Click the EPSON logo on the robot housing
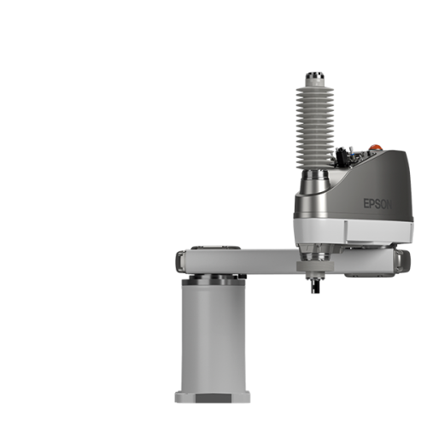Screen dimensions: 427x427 click(x=377, y=204)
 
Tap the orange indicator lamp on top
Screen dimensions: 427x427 click(x=376, y=148)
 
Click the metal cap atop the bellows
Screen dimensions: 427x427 click(x=315, y=76)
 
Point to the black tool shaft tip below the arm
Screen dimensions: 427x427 click(x=315, y=287)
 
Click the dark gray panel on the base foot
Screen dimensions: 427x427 click(x=213, y=398)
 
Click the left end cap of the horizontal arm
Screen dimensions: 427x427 click(x=180, y=261)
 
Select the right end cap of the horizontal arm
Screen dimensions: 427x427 click(x=403, y=261)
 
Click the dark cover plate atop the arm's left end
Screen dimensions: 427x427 click(x=216, y=248)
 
